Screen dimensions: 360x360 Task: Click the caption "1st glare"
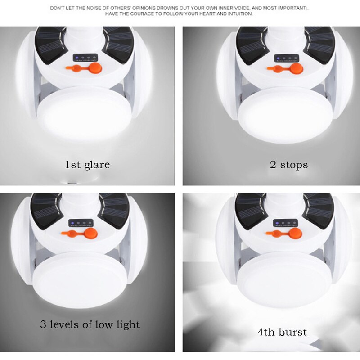coord(87,165)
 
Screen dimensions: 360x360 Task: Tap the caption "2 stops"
coord(289,165)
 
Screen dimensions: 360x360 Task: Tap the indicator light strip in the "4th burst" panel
coord(285,223)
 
